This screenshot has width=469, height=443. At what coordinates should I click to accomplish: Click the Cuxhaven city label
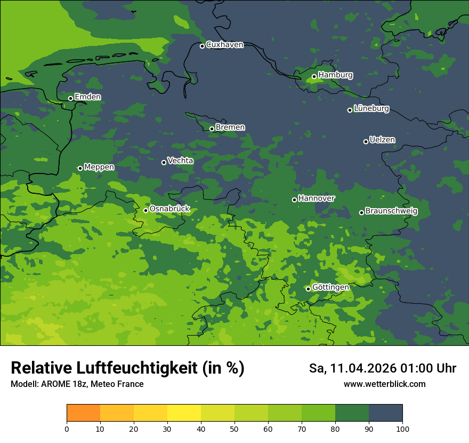point(224,45)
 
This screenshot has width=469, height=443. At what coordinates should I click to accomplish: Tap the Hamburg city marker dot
point(314,76)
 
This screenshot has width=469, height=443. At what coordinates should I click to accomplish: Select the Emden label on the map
point(87,97)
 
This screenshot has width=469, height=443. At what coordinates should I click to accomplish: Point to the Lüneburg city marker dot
point(350,110)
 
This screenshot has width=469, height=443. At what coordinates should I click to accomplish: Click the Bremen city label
point(230,128)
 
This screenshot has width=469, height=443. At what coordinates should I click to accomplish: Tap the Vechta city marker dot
point(164,162)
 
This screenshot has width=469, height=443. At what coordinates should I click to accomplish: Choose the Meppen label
point(99,168)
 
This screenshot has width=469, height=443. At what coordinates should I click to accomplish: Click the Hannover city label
point(317,199)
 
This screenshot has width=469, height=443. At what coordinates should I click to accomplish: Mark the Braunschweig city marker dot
point(361,212)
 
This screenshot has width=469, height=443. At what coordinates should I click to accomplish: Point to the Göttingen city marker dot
point(308,289)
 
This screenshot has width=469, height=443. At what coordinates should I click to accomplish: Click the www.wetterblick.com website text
point(384,384)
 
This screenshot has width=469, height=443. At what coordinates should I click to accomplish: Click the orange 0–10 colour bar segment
point(83,413)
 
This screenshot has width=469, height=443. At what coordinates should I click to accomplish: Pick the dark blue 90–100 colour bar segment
point(385,413)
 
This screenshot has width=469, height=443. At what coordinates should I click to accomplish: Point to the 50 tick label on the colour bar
point(234,429)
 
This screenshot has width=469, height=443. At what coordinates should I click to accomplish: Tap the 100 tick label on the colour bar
point(402,429)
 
